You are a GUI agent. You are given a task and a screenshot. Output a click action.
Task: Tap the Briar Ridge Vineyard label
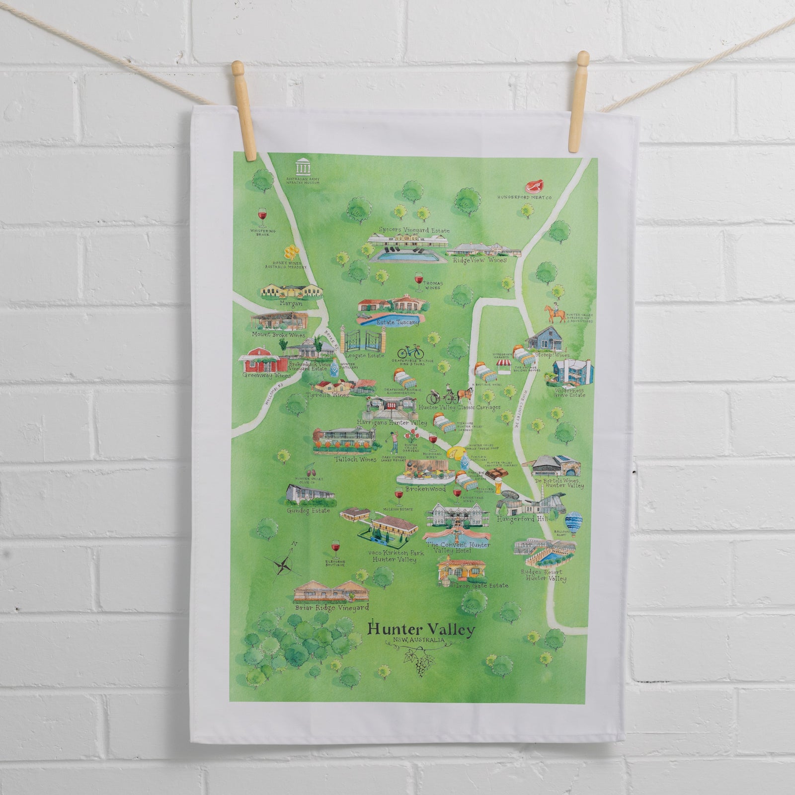331,607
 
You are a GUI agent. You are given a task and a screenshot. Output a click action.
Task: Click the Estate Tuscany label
397,322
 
